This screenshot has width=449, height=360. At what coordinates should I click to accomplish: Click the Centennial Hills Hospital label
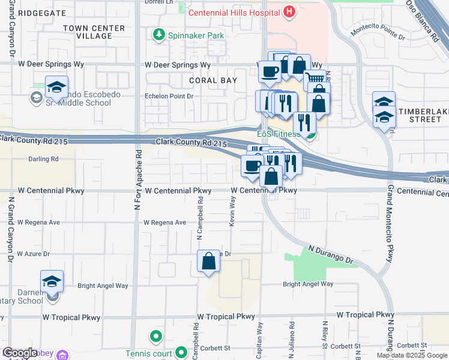tap(235, 13)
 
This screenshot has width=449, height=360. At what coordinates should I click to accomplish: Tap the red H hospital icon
tap(289, 11)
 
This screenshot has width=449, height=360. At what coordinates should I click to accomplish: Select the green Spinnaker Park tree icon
tap(159, 35)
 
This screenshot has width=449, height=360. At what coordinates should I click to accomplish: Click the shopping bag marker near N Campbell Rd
tap(208, 262)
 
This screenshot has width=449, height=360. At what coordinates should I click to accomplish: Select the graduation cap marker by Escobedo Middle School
tap(56, 88)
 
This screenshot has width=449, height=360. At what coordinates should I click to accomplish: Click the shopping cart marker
tap(314, 79)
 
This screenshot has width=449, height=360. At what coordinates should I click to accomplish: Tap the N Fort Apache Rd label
tap(137, 180)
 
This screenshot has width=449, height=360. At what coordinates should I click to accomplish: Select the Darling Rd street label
tap(43, 160)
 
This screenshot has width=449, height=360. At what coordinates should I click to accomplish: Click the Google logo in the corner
tap(19, 353)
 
